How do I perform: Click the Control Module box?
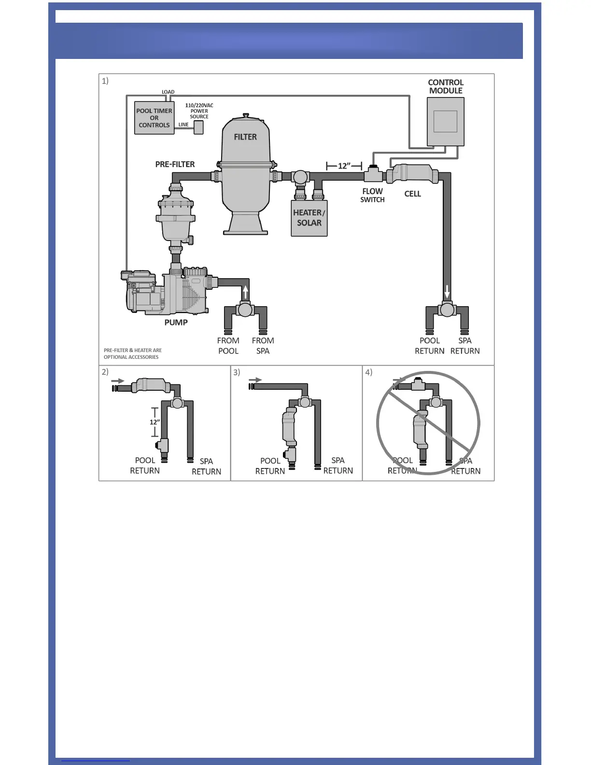[445, 121]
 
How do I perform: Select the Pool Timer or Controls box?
[154, 118]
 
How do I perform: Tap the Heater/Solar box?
[309, 218]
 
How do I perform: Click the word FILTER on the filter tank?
[245, 137]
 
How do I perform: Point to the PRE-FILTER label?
[175, 164]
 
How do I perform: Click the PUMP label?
[176, 322]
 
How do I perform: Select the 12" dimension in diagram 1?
[344, 166]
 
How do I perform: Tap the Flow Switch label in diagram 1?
[372, 195]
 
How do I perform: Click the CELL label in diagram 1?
[412, 194]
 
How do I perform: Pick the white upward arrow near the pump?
[245, 292]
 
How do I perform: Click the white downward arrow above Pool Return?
[447, 292]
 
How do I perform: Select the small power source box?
[198, 127]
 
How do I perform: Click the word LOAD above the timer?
[168, 92]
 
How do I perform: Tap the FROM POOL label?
[228, 346]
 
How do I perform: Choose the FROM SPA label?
[263, 346]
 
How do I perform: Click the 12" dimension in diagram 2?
[155, 422]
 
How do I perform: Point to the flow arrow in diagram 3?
[256, 380]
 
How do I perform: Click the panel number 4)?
[369, 372]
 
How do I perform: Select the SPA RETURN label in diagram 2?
[206, 467]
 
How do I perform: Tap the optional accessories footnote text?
[133, 354]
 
